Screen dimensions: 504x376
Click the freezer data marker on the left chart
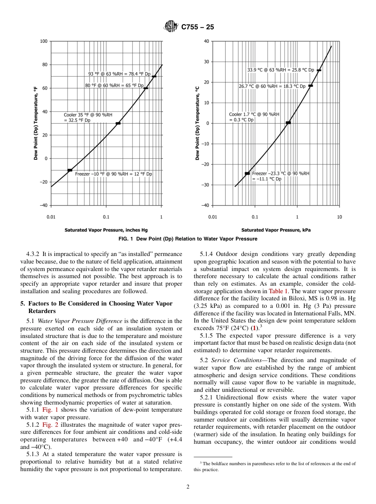(x=70, y=170)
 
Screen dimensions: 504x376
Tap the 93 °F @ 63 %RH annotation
(x=119, y=74)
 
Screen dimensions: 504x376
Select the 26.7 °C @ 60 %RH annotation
(x=272, y=86)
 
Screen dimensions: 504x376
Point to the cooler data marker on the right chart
(x=288, y=123)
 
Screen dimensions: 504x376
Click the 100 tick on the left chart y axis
(x=43, y=41)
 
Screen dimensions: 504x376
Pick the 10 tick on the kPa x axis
(x=339, y=217)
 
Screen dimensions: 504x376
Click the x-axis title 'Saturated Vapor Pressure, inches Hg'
(x=106, y=230)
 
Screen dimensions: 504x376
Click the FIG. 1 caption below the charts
(x=188, y=239)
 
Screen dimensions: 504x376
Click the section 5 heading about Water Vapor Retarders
(x=96, y=307)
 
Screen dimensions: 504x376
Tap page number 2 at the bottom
(x=188, y=487)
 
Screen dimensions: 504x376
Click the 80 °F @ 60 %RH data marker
(x=146, y=88)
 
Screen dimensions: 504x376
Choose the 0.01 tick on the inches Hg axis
(x=51, y=217)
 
